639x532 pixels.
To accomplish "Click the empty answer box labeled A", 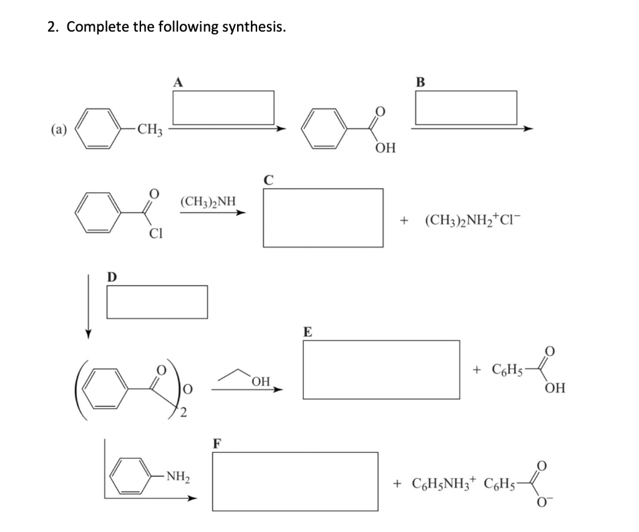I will click(223, 107).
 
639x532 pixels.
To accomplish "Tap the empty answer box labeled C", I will click(323, 218).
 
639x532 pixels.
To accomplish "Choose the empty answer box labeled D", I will click(157, 301).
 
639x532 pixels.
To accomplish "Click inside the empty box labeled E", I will click(381, 369).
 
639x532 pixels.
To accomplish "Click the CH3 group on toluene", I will click(150, 130).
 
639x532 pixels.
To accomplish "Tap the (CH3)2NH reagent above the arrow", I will click(208, 201).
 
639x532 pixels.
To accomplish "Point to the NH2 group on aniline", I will click(178, 478).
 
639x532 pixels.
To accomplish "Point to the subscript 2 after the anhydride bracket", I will click(183, 410).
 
